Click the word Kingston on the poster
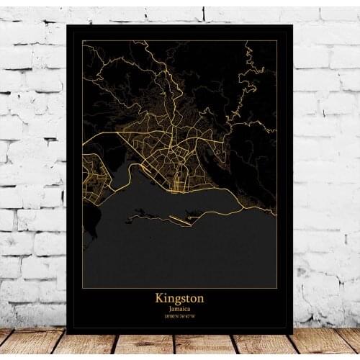179,297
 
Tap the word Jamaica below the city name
179,307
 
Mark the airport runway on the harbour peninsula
180,222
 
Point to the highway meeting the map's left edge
84,144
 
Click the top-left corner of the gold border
82,41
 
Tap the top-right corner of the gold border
277,41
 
